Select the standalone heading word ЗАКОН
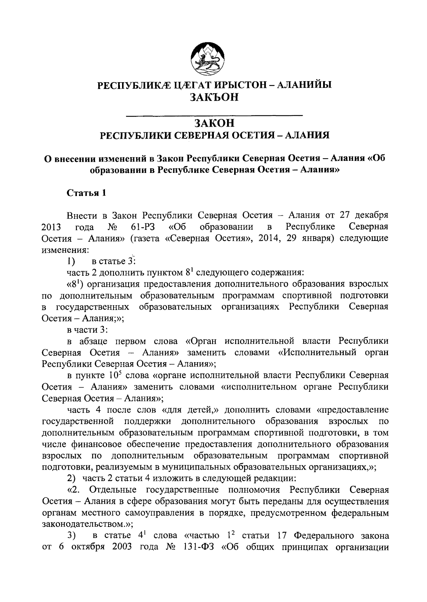(214, 123)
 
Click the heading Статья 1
(86, 193)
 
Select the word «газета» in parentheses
(146, 238)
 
